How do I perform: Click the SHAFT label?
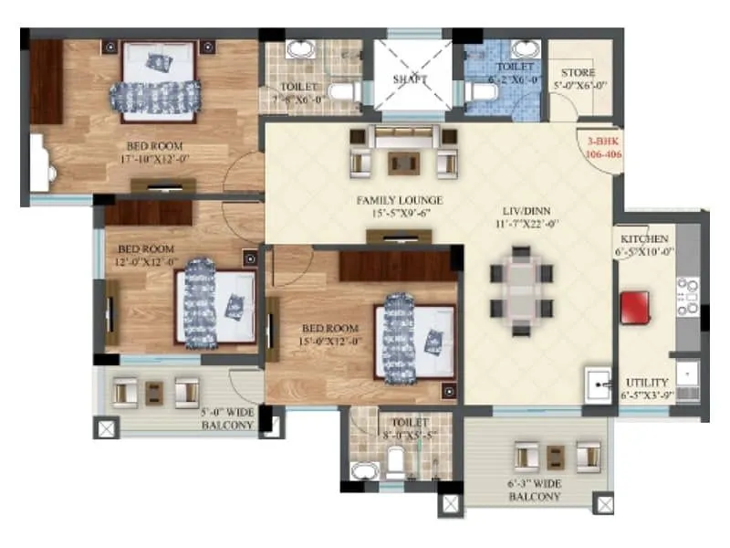pos(410,79)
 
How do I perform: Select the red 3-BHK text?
pos(600,143)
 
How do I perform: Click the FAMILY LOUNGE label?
pos(400,200)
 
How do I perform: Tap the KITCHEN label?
pos(644,238)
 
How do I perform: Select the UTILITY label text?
pos(647,382)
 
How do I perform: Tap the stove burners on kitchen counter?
pos(685,295)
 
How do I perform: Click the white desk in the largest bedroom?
pos(40,163)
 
